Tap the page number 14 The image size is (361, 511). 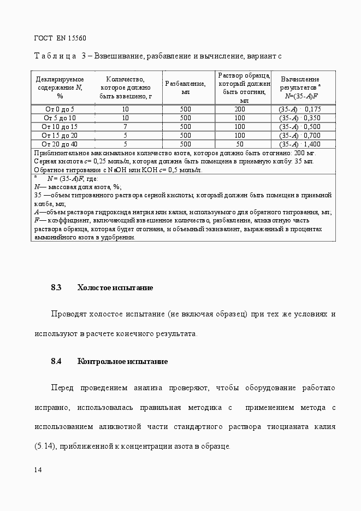click(38, 469)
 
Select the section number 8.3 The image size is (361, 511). click(56, 287)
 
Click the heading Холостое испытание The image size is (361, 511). click(115, 287)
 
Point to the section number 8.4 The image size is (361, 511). click(56, 361)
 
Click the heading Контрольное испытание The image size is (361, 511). click(122, 361)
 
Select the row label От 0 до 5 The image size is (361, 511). click(60, 109)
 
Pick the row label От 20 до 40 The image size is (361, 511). click(60, 144)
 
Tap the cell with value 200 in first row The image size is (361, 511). click(240, 109)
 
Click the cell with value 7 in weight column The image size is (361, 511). click(125, 127)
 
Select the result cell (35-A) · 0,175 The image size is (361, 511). click(300, 109)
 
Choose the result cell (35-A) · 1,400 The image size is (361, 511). click(300, 144)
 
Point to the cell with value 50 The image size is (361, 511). click(240, 144)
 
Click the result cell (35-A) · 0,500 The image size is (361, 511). click(300, 127)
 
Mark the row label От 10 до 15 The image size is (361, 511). click(60, 127)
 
